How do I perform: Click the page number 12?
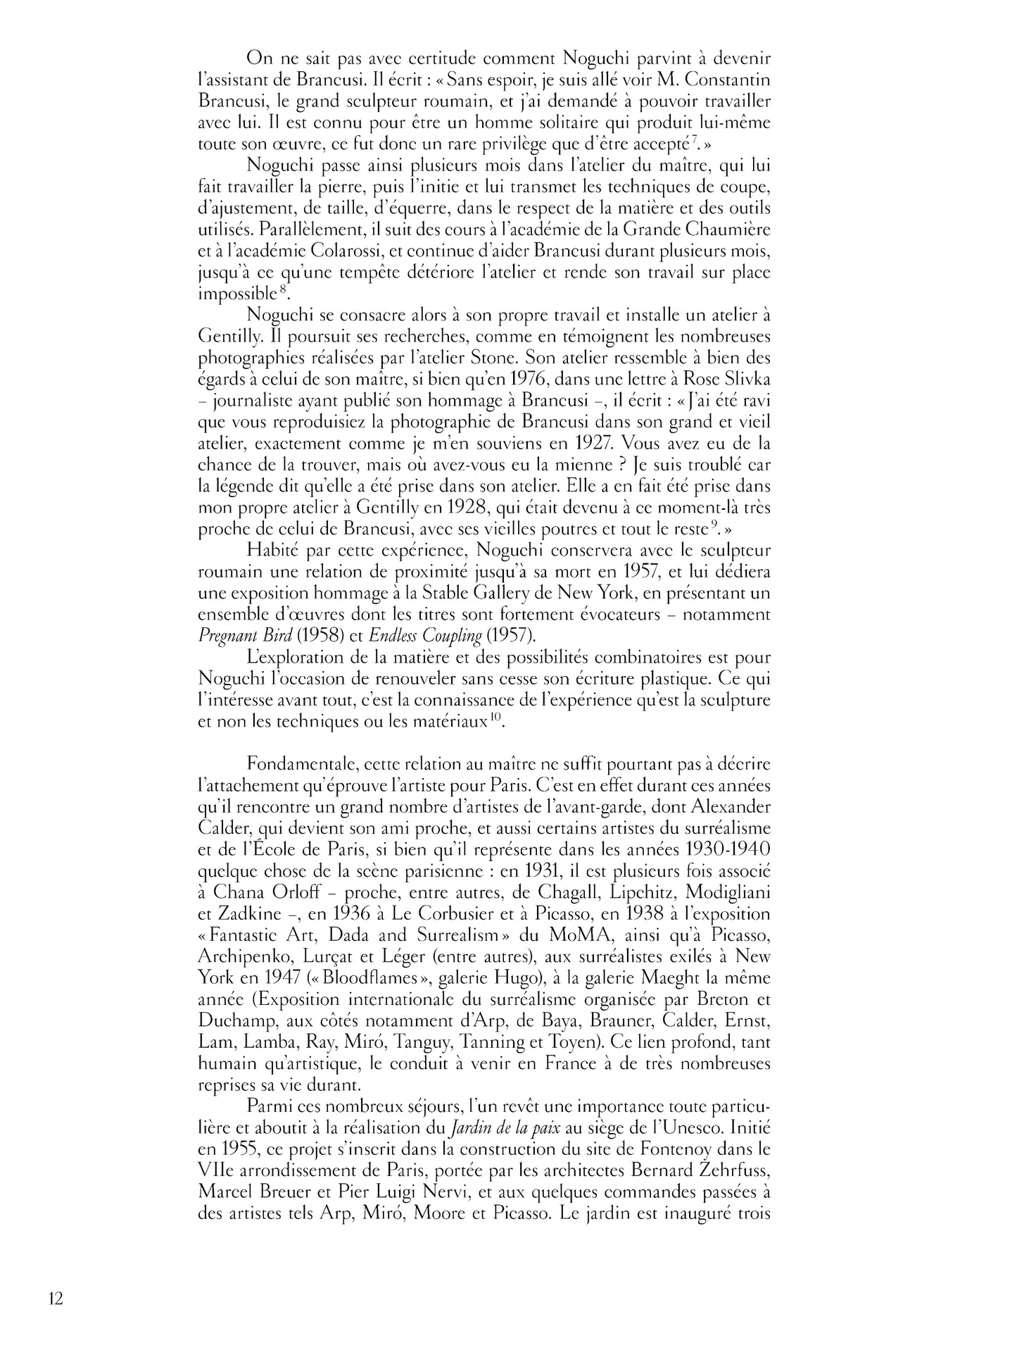(x=56, y=1298)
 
